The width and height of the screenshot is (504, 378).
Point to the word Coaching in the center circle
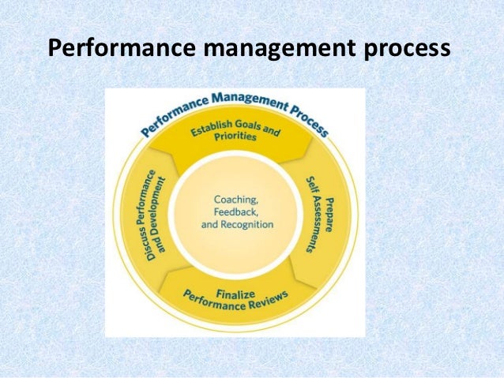[x=235, y=199]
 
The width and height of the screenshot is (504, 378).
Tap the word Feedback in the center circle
[x=235, y=211]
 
